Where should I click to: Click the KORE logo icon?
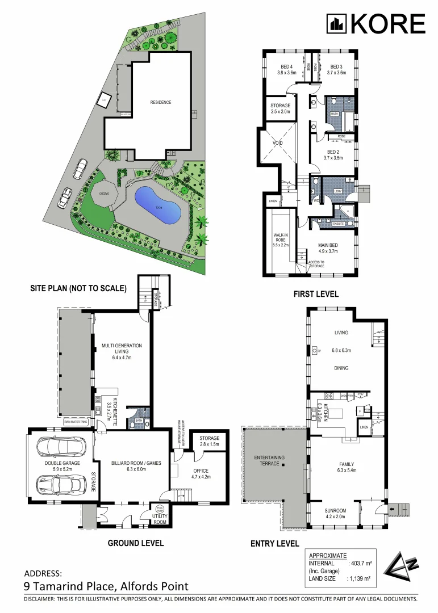point(336,24)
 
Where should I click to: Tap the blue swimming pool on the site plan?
point(158,206)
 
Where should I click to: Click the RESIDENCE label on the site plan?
point(161,102)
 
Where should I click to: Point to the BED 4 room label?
point(286,69)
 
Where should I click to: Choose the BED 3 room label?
point(336,69)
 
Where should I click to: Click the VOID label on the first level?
point(277,143)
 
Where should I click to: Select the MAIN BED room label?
point(328,247)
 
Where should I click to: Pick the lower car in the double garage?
point(59,485)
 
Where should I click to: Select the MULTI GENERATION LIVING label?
point(122,349)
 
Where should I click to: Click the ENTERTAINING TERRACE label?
point(269,460)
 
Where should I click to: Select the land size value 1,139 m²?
point(358,578)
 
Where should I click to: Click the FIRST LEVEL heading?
point(316,294)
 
